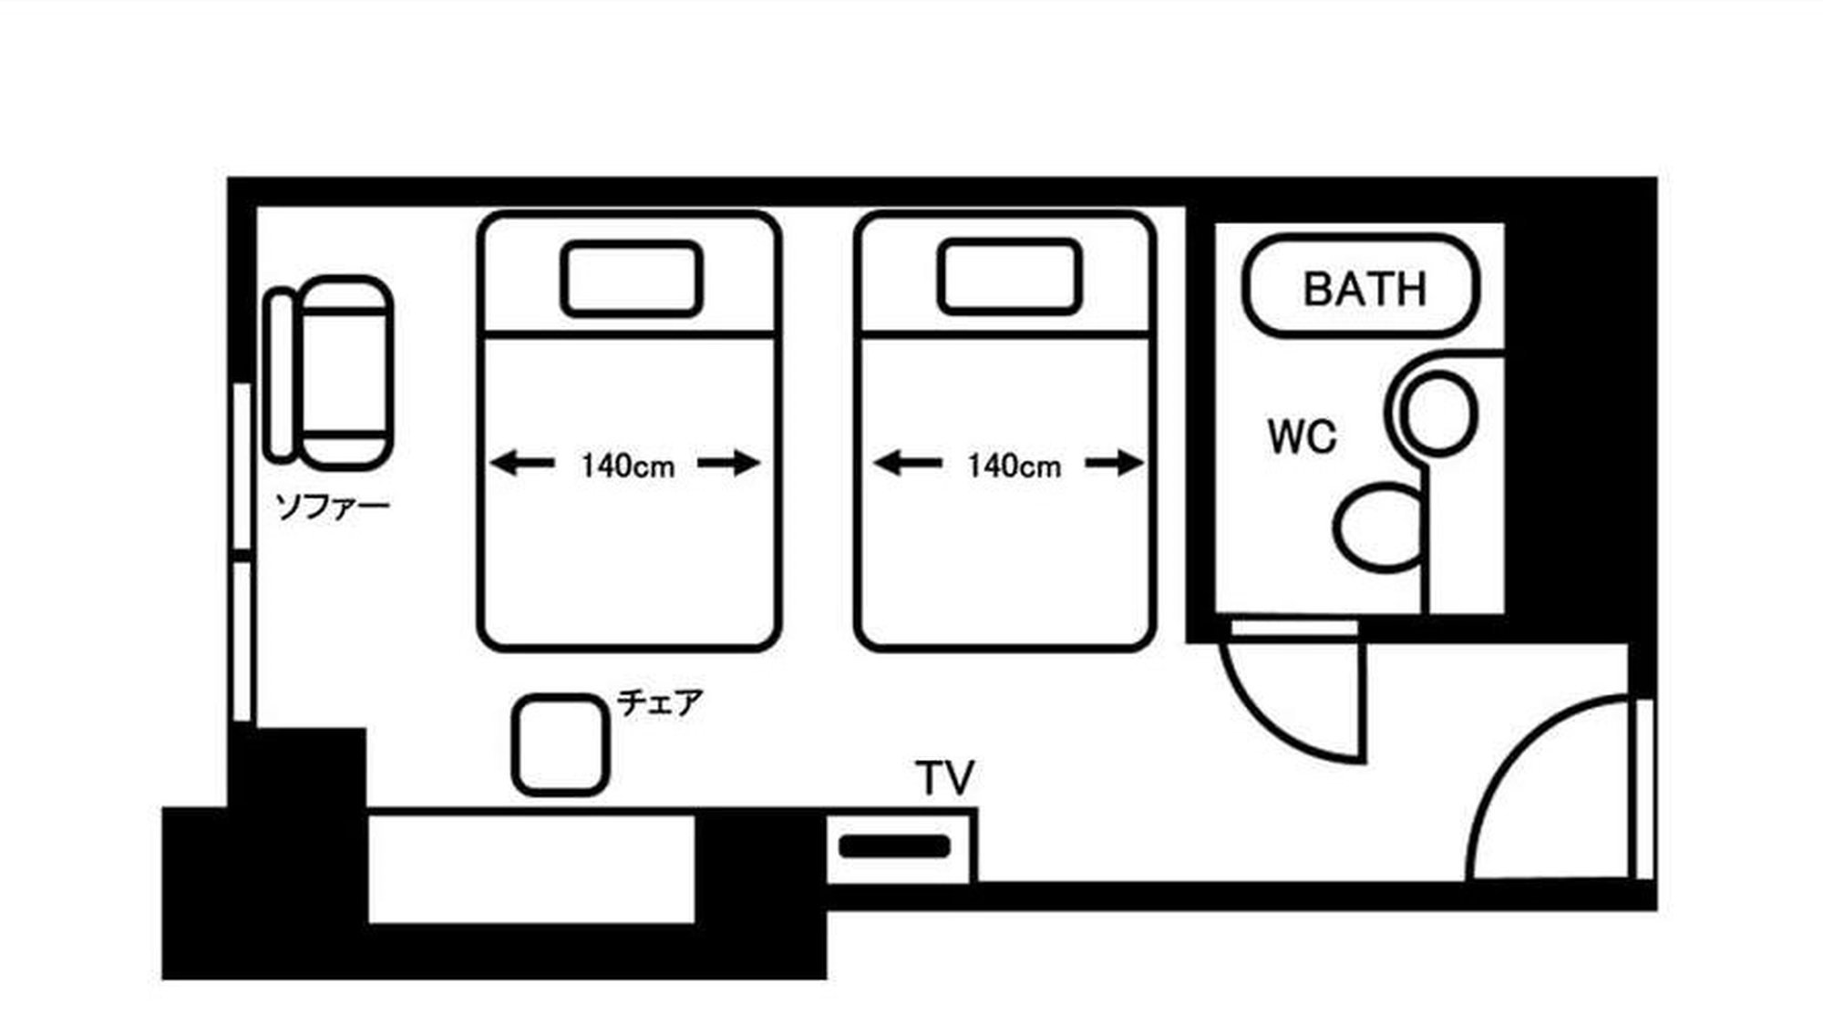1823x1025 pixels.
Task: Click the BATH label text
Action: coord(1364,289)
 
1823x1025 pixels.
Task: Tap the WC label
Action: coord(1302,437)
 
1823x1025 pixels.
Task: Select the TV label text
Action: coord(945,779)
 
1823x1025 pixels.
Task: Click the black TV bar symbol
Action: coord(894,846)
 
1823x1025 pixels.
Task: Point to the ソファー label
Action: coord(333,507)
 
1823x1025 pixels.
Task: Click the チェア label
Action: coord(660,702)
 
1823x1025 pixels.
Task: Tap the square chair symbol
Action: coord(560,744)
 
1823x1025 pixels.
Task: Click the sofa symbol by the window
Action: coord(330,374)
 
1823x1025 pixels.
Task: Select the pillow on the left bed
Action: coord(631,279)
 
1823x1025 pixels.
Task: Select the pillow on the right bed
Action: coord(1009,277)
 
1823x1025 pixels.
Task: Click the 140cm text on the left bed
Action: coord(628,466)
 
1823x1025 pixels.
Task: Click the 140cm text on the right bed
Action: coord(1014,466)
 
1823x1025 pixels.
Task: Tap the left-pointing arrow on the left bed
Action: coord(522,464)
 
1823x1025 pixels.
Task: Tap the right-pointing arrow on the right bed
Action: coord(1115,464)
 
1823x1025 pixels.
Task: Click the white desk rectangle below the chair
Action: coord(530,868)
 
